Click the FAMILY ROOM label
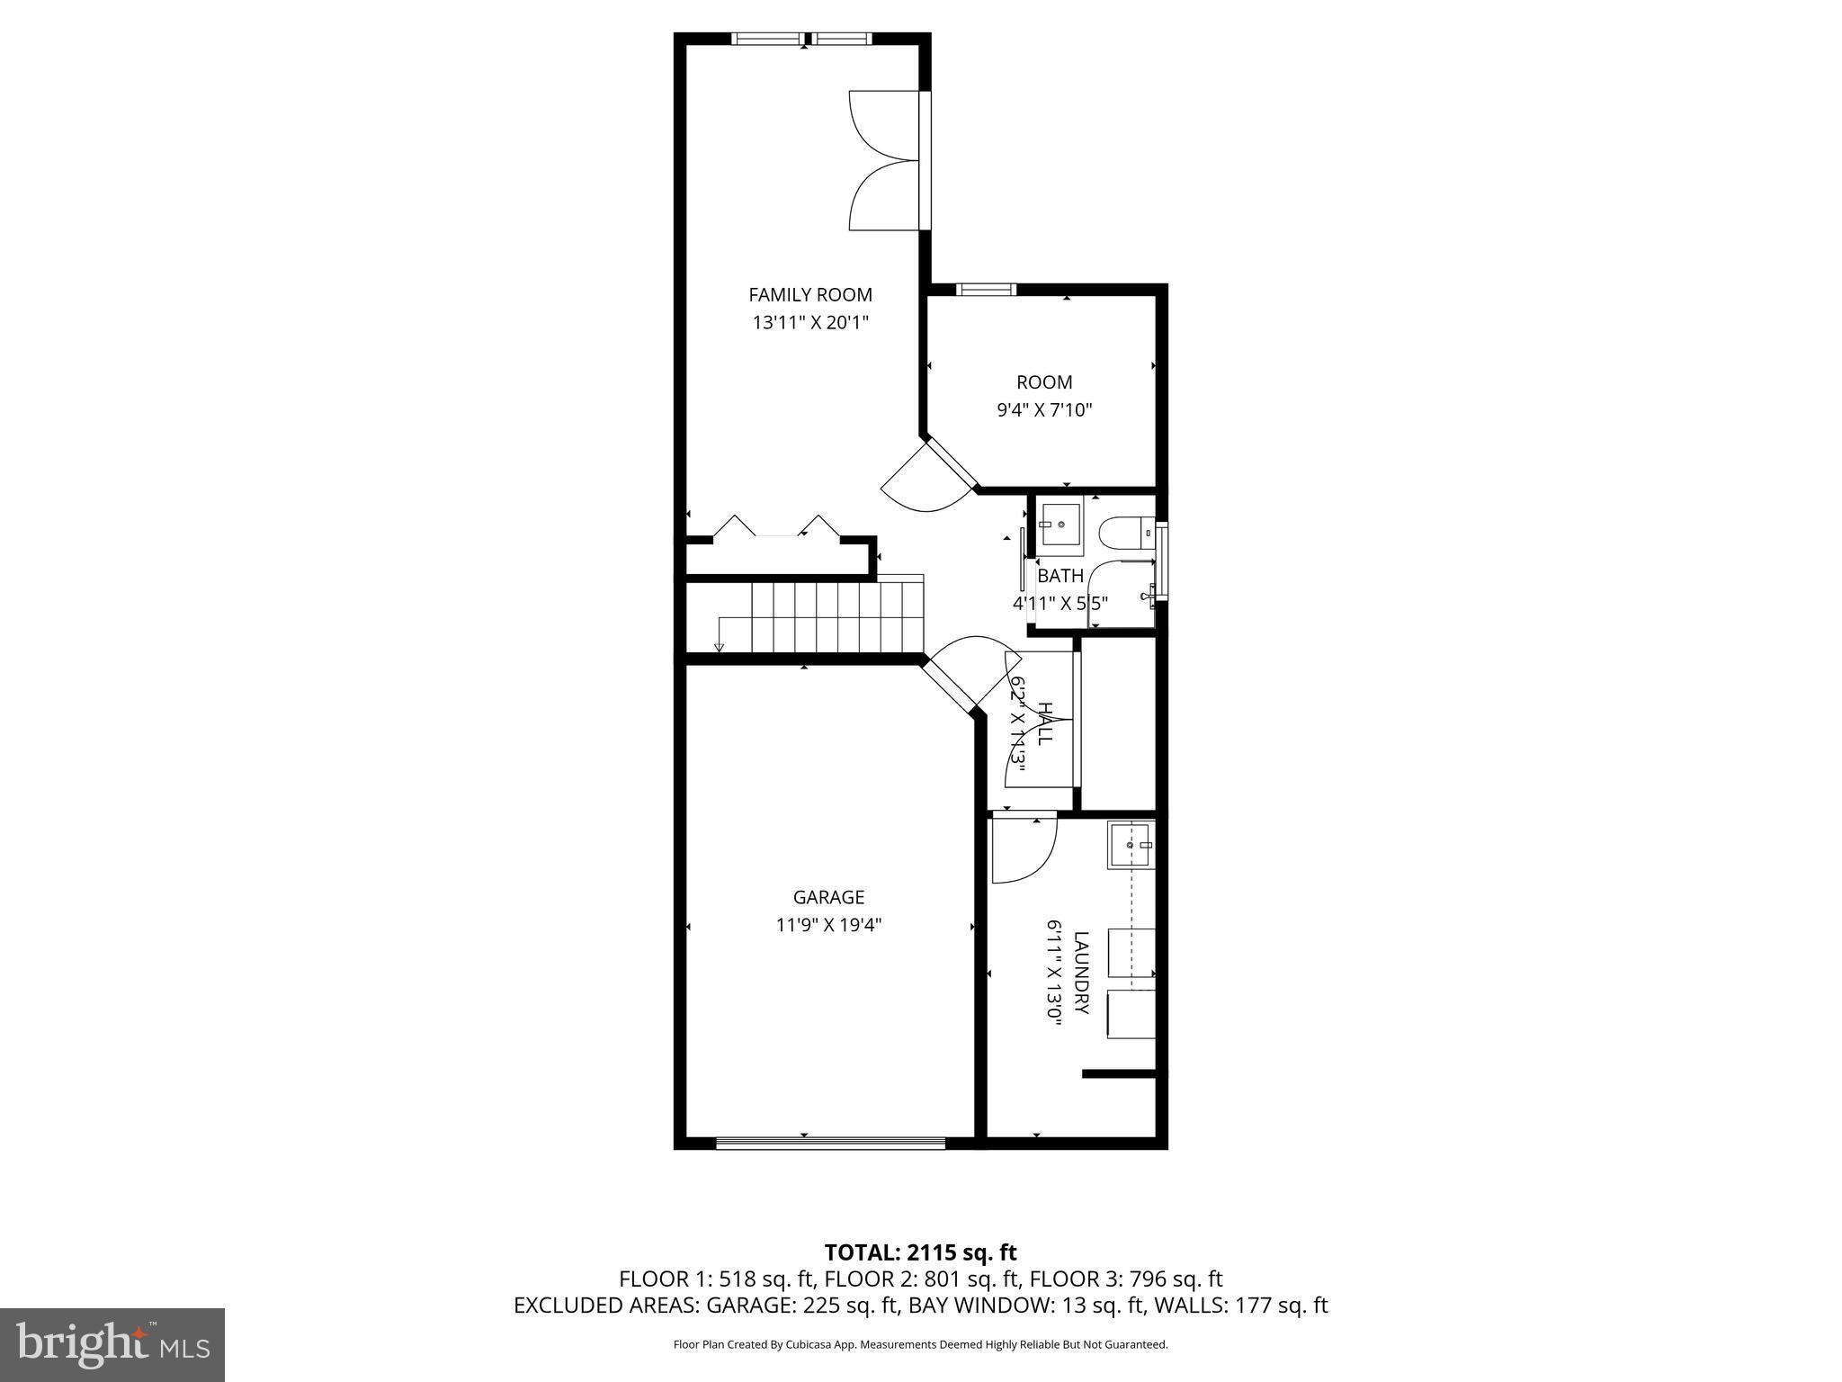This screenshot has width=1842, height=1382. pos(810,294)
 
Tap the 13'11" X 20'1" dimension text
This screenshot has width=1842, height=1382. pos(810,322)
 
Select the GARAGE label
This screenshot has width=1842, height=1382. pos(828,897)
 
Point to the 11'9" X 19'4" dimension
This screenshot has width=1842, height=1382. pos(828,925)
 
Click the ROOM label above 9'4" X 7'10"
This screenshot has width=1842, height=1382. pos(1044,381)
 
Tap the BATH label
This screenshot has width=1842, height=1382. pos(1060,576)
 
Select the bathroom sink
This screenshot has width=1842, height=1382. pos(1060,525)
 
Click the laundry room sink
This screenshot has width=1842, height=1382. pos(1130,846)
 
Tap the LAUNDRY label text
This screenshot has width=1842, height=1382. pos(1081,973)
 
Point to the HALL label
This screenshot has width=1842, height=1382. pos(1044,723)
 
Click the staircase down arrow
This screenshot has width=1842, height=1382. pos(719,646)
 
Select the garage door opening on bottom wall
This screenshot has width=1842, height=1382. pos(830,1144)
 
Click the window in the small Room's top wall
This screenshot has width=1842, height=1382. pos(985,289)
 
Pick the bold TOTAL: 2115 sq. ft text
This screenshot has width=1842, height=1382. pos(920,1252)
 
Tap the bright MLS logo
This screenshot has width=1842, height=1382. pos(112,1345)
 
